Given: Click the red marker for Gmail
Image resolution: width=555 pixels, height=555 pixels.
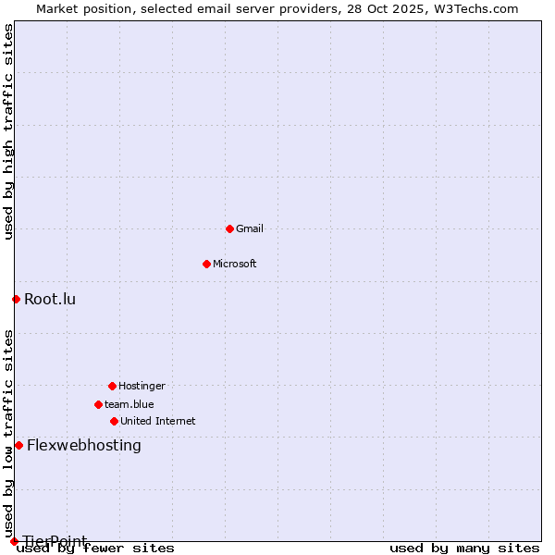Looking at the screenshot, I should point(229,228).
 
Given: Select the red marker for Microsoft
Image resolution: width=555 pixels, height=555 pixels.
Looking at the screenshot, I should point(206,264).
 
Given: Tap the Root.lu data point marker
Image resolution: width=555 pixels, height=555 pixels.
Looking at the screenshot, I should point(16,299).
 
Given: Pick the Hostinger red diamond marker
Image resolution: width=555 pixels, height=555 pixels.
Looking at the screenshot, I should point(112,386).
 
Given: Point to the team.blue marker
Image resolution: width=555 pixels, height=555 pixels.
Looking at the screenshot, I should point(98,404).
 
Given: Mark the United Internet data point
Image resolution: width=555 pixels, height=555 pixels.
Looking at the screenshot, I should point(114,421).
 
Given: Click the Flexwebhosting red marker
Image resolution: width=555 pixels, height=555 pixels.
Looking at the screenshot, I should point(18,445).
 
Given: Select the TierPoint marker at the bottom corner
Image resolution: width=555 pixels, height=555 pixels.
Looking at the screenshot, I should point(14,541).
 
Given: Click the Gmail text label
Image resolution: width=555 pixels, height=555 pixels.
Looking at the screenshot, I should point(250,228).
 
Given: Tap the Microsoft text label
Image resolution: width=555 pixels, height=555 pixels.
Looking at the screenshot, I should point(235,264).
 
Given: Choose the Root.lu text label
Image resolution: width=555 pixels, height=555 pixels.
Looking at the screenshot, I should point(50,299).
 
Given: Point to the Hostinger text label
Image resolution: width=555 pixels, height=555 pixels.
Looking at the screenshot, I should point(142,386).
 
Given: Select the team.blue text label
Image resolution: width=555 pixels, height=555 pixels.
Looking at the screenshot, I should point(129,404).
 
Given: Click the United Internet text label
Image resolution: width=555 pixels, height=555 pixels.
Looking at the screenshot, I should point(158,421).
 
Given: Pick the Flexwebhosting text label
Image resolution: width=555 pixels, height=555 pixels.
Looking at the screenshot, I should point(84,445).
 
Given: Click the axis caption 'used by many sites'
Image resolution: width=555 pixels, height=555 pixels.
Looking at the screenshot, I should point(464,548).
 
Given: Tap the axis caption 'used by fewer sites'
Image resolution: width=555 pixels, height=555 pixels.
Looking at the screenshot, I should point(96,548).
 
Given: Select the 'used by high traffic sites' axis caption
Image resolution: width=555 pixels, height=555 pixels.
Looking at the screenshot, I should point(8,131).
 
